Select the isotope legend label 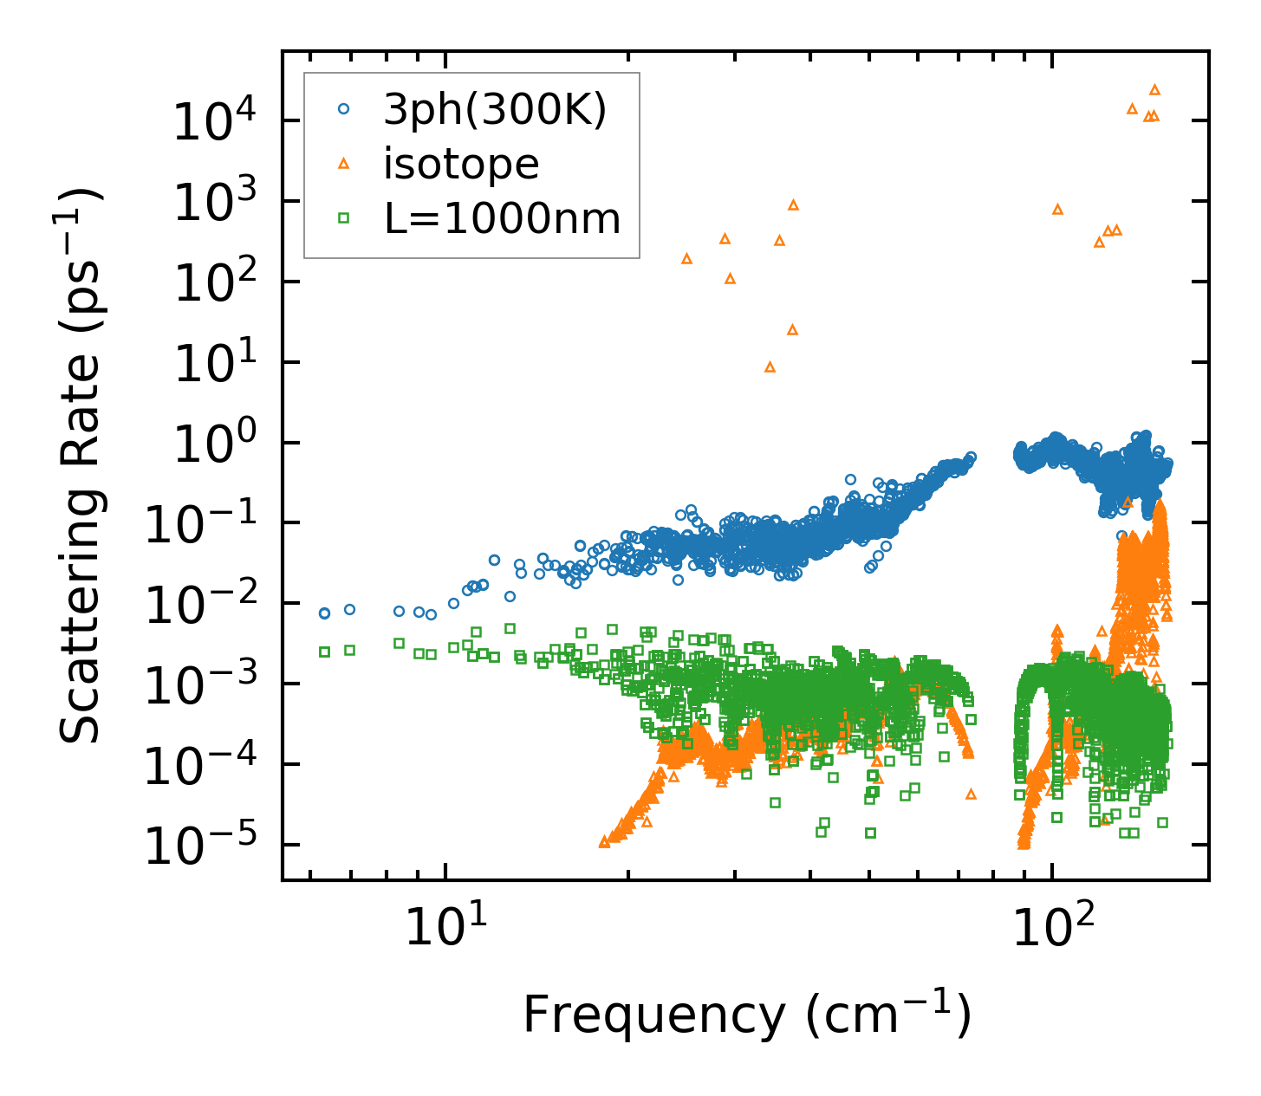(x=461, y=164)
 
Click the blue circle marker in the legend (x=344, y=109)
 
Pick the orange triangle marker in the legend (x=344, y=163)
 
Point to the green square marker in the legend (x=344, y=218)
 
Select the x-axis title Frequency (x=746, y=1015)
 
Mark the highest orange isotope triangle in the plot (x=1154, y=89)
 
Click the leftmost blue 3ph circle (x=324, y=613)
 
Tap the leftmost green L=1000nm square (x=324, y=652)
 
